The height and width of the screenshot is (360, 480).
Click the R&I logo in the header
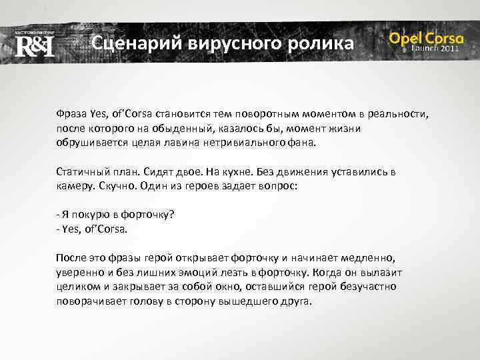pos(34,45)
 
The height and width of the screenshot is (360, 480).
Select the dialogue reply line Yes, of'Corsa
pos(93,229)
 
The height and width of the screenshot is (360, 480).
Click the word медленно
pos(369,257)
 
